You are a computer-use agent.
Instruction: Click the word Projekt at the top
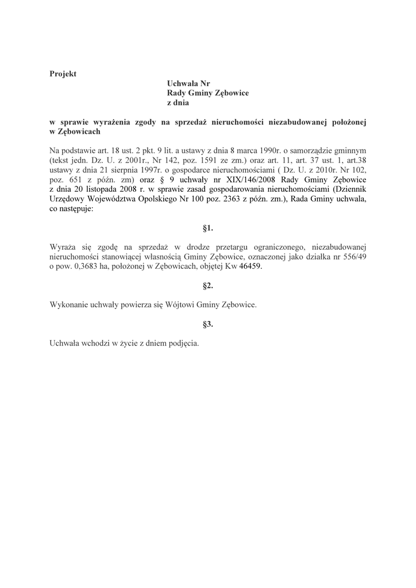[x=63, y=73]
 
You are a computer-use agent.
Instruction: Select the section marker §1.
[x=208, y=228]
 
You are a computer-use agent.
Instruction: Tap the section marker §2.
[x=208, y=285]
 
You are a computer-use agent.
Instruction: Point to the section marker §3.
[x=208, y=324]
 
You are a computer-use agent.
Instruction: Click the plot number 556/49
[x=353, y=257]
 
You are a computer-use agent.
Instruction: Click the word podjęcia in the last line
[x=182, y=343]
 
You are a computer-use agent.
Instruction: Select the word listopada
[x=103, y=189]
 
